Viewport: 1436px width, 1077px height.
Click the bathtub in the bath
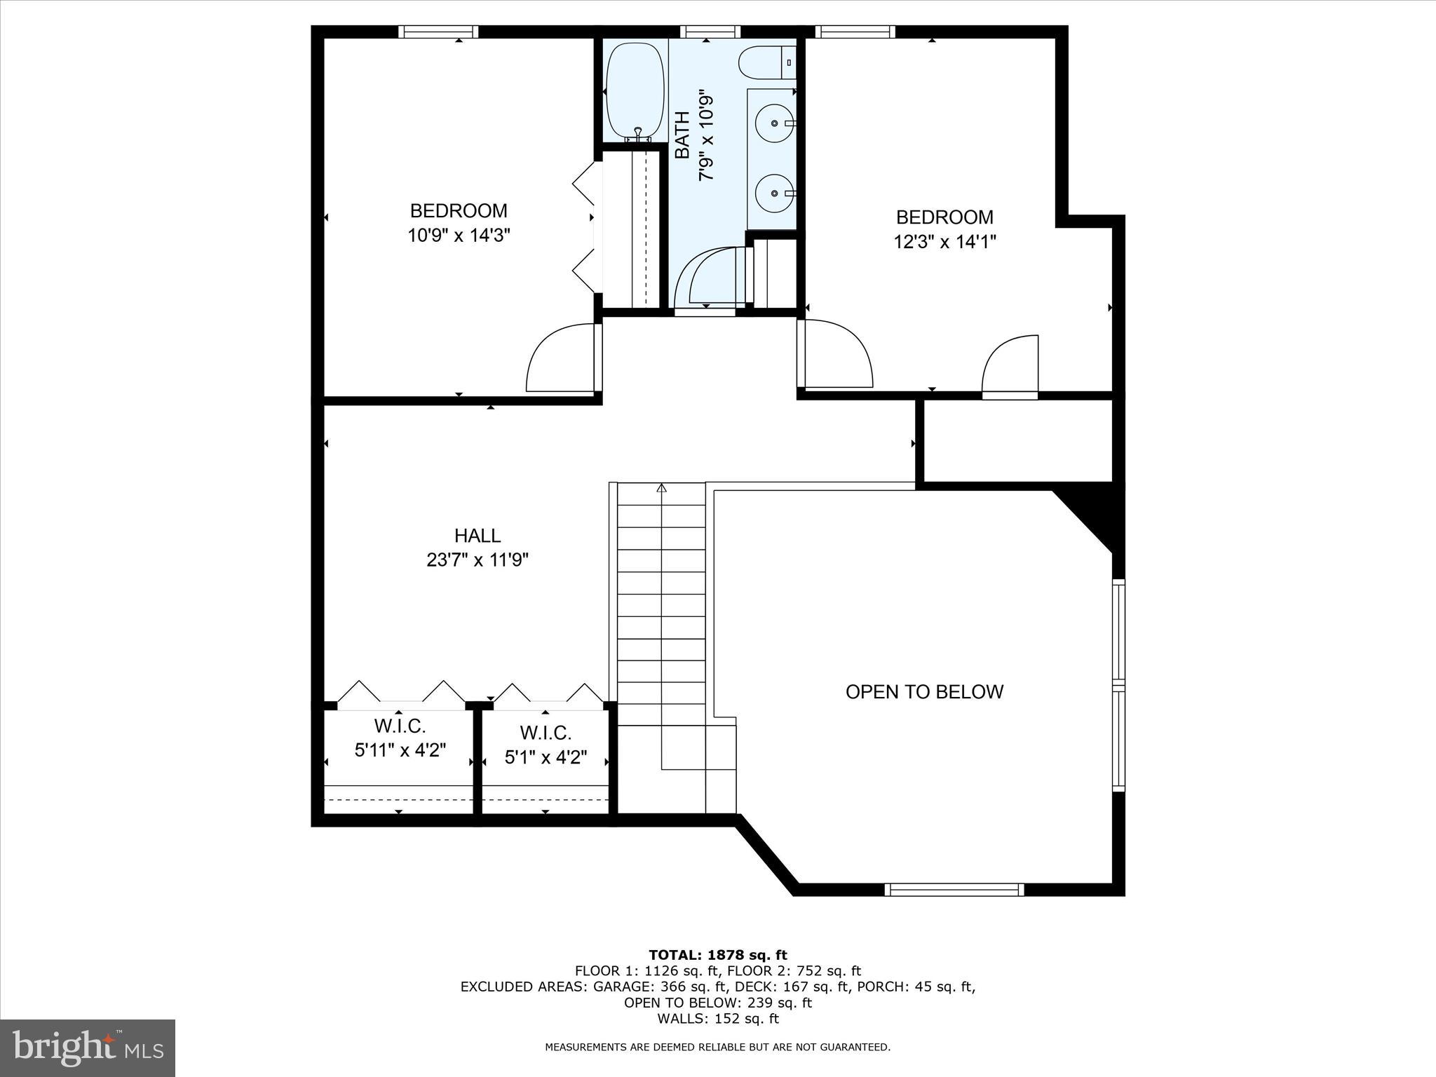pyautogui.click(x=635, y=91)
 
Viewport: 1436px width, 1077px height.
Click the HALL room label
pyautogui.click(x=477, y=536)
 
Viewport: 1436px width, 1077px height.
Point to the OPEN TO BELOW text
pyautogui.click(x=924, y=692)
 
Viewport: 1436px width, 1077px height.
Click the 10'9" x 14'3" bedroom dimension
pyautogui.click(x=459, y=235)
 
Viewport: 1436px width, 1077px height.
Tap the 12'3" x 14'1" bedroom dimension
pyautogui.click(x=944, y=242)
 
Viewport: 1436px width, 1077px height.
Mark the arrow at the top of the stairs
pyautogui.click(x=661, y=488)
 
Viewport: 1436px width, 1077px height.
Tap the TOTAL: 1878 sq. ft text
pyautogui.click(x=717, y=955)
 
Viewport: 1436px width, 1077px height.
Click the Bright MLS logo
pyautogui.click(x=88, y=1048)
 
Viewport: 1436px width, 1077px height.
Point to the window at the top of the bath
pyautogui.click(x=710, y=32)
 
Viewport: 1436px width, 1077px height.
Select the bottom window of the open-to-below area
pyautogui.click(x=954, y=890)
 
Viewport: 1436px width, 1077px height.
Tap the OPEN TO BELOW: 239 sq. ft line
pyautogui.click(x=717, y=1003)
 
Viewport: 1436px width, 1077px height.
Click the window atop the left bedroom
pyautogui.click(x=438, y=32)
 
